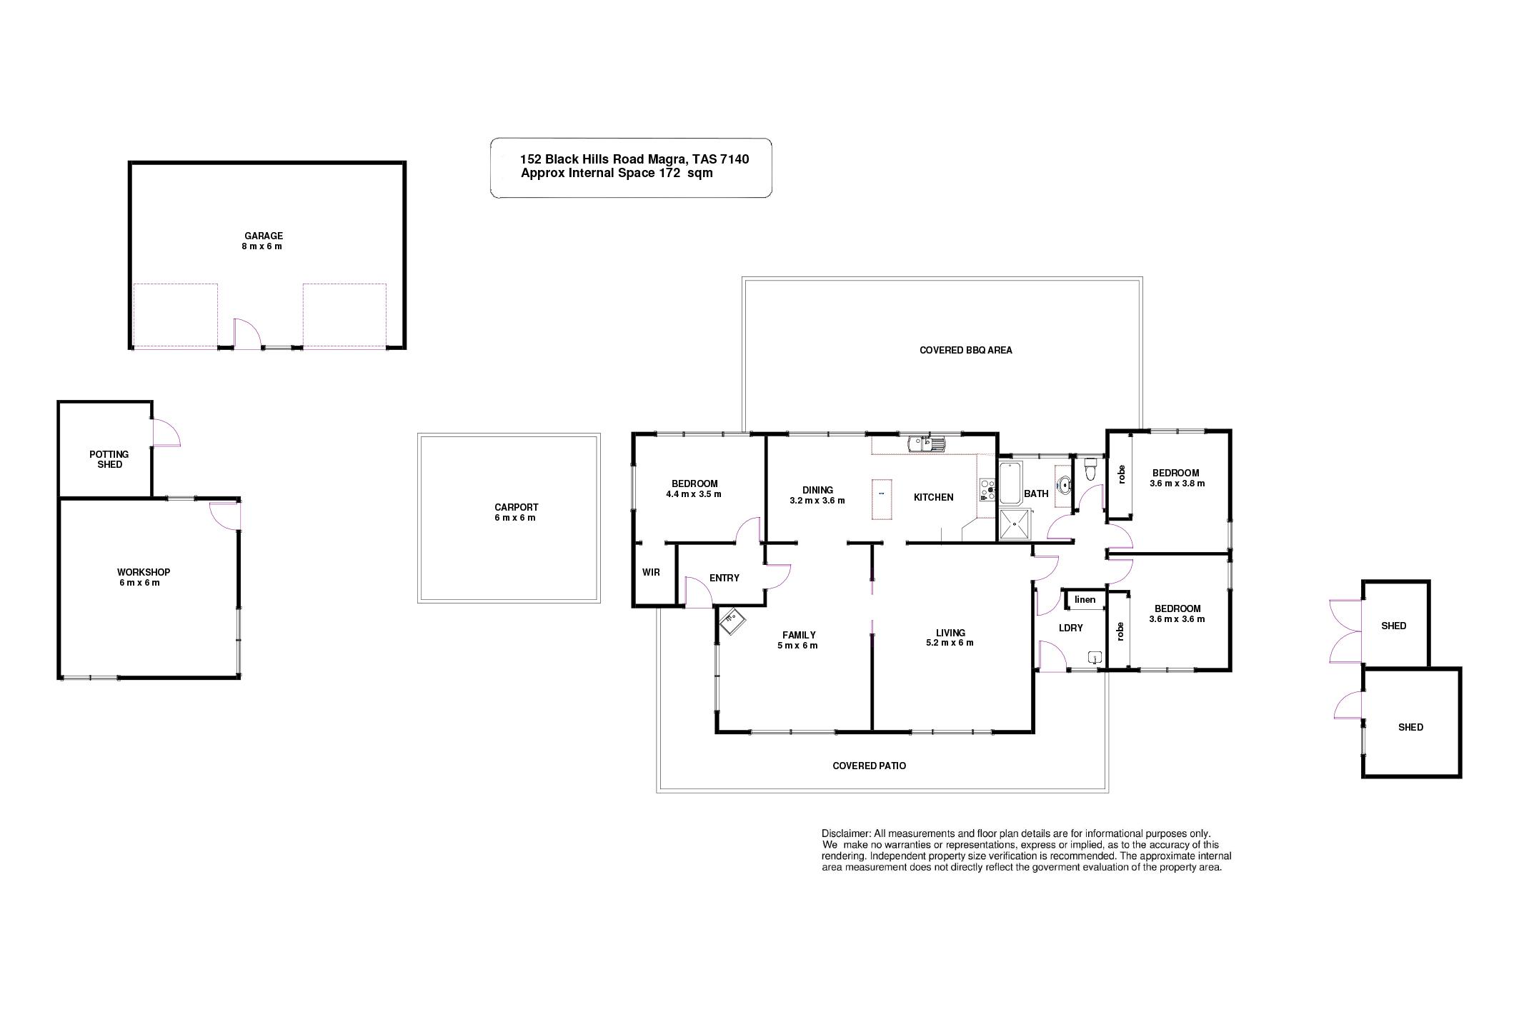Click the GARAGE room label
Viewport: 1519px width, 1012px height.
click(264, 236)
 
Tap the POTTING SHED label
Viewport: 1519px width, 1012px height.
click(109, 459)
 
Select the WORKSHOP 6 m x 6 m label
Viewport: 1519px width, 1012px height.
click(143, 577)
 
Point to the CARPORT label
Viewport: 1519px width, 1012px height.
click(516, 508)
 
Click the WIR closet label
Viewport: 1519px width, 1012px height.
click(651, 573)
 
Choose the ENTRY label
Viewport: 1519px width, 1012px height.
click(724, 578)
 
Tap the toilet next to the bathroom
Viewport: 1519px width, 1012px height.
click(1090, 469)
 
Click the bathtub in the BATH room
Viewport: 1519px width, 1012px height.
click(1010, 483)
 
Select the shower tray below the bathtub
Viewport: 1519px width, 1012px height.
click(1015, 524)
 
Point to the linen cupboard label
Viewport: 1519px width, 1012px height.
click(1085, 599)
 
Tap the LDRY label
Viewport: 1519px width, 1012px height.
click(1070, 628)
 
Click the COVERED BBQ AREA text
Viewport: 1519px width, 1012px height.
click(965, 351)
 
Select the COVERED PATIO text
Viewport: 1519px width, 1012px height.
click(869, 766)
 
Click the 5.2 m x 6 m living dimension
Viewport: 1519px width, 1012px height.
click(950, 643)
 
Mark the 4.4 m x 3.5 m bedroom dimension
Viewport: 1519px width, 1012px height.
click(693, 494)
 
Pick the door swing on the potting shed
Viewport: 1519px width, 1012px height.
click(166, 433)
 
